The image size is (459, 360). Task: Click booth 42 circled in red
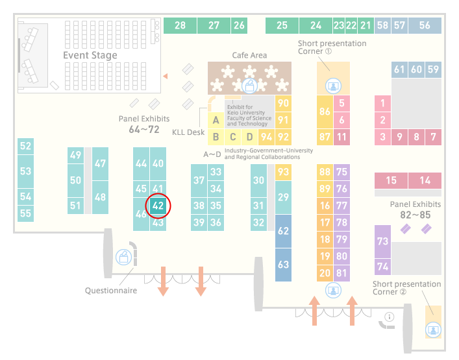(x=158, y=206)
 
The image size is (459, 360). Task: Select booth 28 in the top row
(x=180, y=25)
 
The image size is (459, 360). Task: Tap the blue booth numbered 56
(x=425, y=25)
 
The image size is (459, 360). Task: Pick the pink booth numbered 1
(x=382, y=103)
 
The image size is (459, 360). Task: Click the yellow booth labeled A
(x=216, y=120)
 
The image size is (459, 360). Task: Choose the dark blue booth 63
(x=283, y=265)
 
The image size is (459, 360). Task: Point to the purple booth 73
(x=382, y=241)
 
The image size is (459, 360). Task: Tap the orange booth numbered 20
(x=325, y=273)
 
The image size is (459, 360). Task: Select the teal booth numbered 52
(x=25, y=146)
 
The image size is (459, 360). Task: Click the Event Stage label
(x=90, y=55)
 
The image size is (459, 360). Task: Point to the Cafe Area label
(x=249, y=55)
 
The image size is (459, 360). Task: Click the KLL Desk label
(x=188, y=132)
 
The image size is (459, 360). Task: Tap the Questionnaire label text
(x=111, y=291)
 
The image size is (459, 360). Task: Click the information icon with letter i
(x=390, y=317)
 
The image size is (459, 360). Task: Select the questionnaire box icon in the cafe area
(x=249, y=86)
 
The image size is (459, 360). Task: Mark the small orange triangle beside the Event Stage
(x=166, y=77)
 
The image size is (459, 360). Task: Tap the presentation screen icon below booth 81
(x=333, y=291)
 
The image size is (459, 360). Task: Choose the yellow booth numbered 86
(x=325, y=112)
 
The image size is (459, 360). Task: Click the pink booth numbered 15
(x=391, y=180)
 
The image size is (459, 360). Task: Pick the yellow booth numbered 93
(x=283, y=172)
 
